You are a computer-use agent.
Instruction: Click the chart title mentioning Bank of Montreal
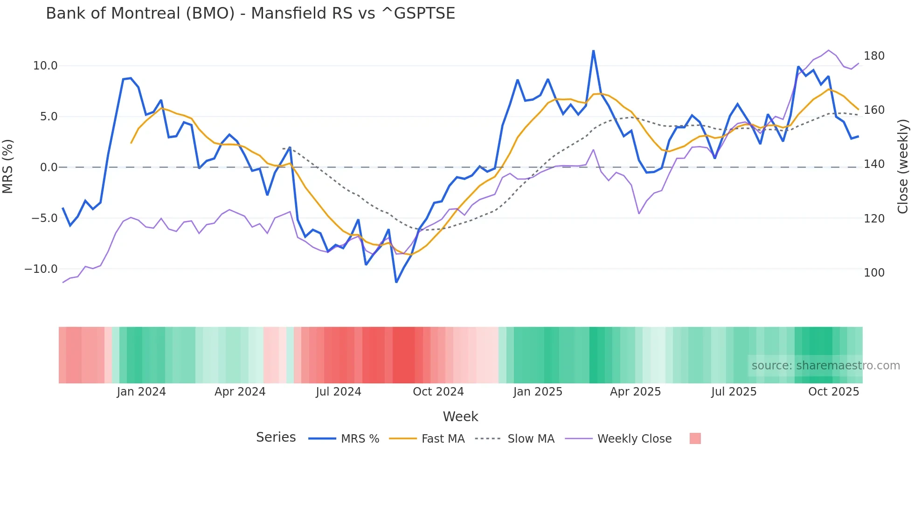250,14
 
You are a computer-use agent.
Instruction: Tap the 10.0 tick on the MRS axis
45,66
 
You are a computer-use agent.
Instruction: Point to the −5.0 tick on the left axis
44,218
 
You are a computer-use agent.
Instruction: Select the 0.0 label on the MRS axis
48,167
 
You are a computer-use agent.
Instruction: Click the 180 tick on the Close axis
874,56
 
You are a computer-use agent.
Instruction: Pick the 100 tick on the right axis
874,273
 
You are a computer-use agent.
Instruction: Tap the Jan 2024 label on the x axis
141,392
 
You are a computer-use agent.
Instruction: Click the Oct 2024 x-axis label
438,392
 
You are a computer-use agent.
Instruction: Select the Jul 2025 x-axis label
734,392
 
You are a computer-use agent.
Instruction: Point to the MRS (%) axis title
8,167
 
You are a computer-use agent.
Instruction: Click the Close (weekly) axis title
903,167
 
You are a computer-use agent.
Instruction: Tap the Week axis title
460,417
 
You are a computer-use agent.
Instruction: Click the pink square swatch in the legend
695,439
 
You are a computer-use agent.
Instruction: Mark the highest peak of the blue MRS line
593,50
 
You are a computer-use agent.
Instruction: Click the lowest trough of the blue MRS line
396,282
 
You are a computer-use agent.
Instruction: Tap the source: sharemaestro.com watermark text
825,366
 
